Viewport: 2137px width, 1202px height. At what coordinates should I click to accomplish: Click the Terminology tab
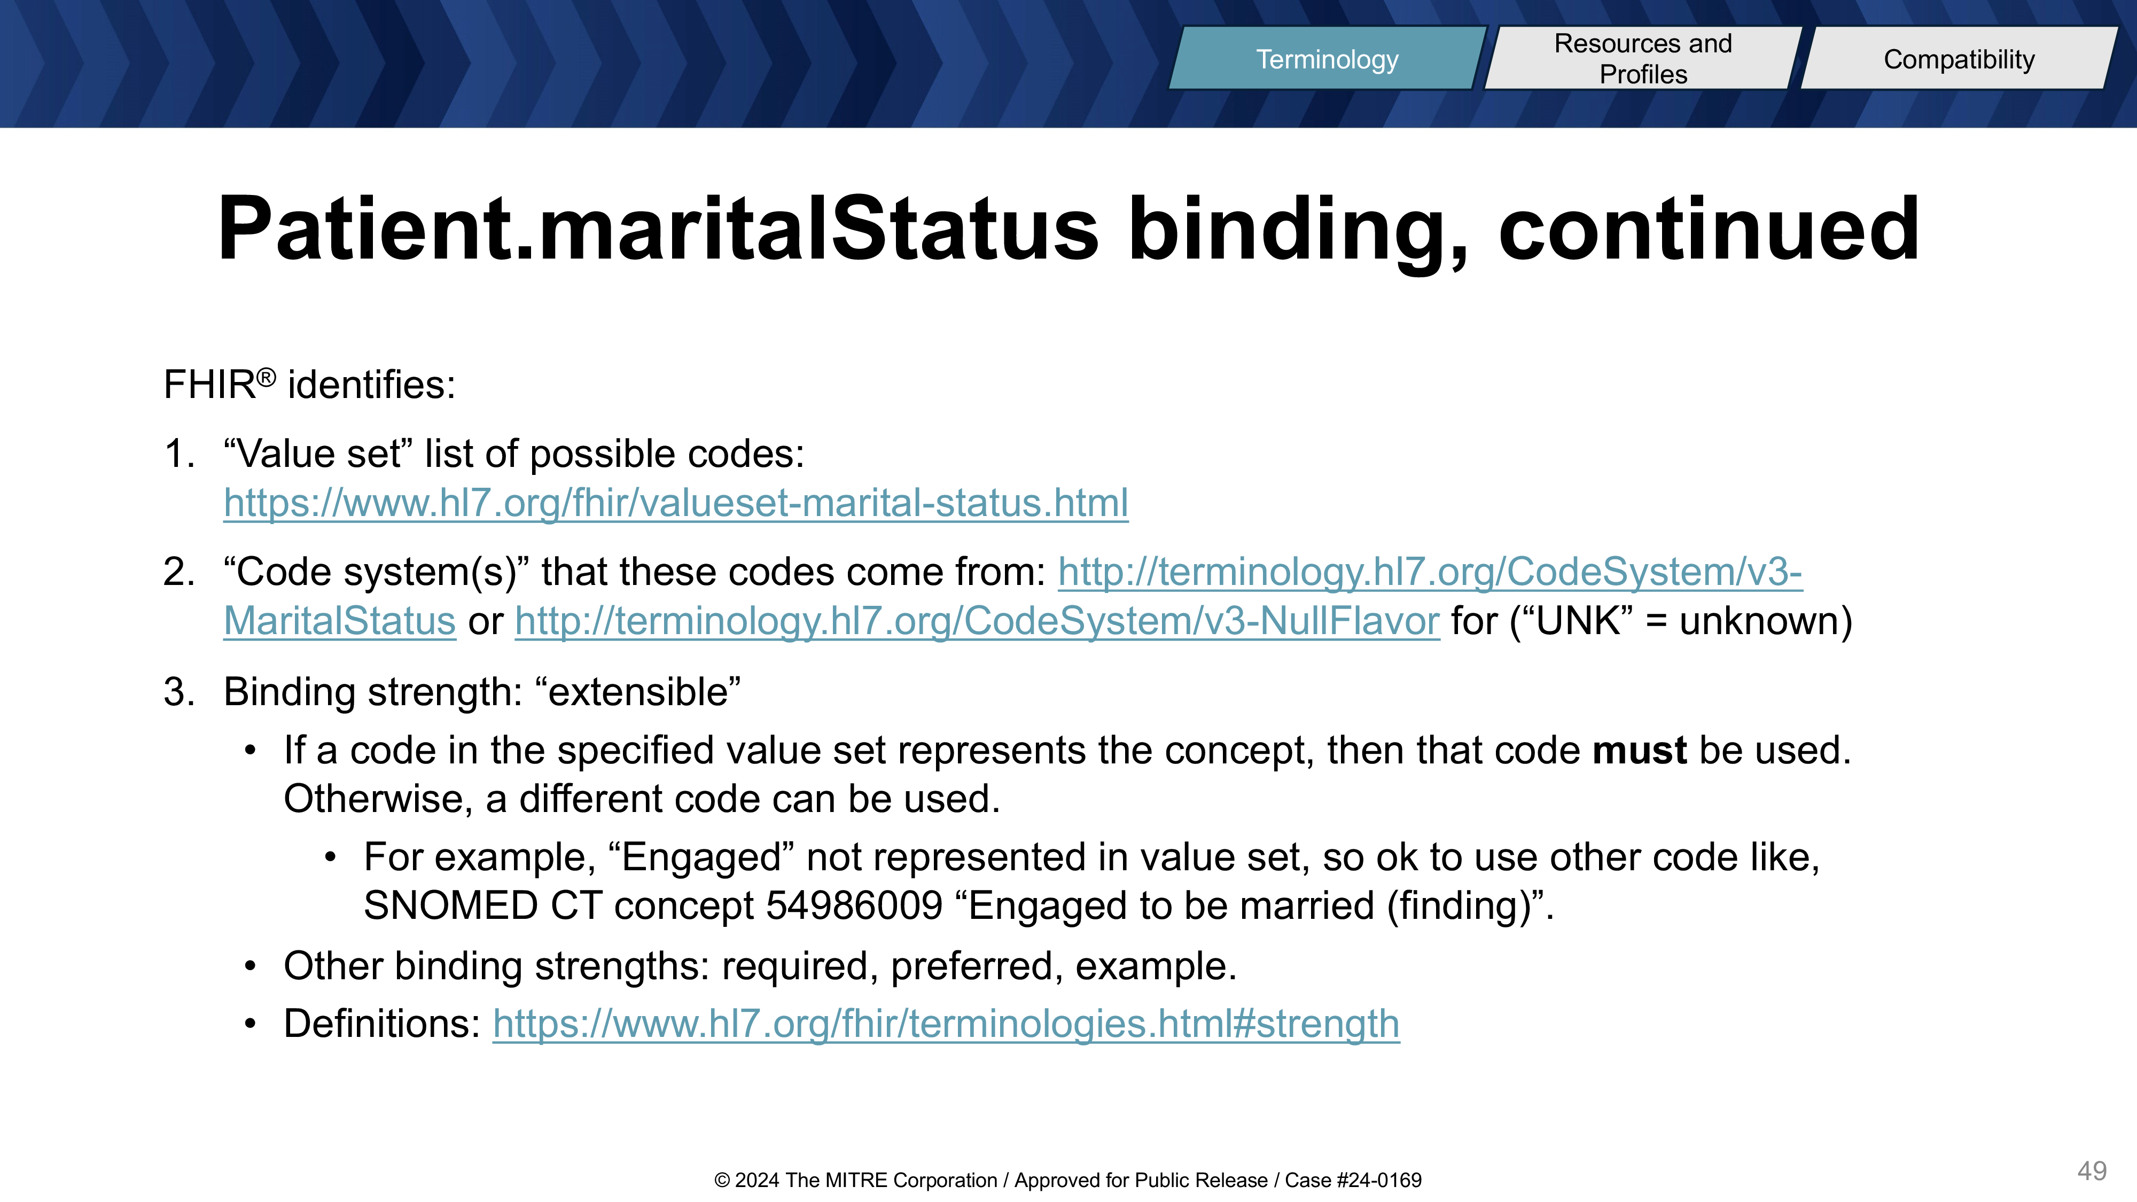1327,58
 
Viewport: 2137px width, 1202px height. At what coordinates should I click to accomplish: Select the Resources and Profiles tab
1643,58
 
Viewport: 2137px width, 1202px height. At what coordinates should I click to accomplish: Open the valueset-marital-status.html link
676,503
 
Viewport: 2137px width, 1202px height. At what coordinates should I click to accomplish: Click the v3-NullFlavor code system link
977,620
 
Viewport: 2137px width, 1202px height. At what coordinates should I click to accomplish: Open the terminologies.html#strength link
946,1024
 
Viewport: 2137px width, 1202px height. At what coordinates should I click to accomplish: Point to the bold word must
1639,750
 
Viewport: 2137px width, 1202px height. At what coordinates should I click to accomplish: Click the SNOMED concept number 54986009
854,905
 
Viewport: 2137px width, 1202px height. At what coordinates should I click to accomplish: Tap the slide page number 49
2092,1170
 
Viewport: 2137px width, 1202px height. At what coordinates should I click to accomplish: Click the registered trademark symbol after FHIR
266,378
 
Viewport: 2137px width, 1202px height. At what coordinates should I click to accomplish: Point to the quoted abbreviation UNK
1579,620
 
